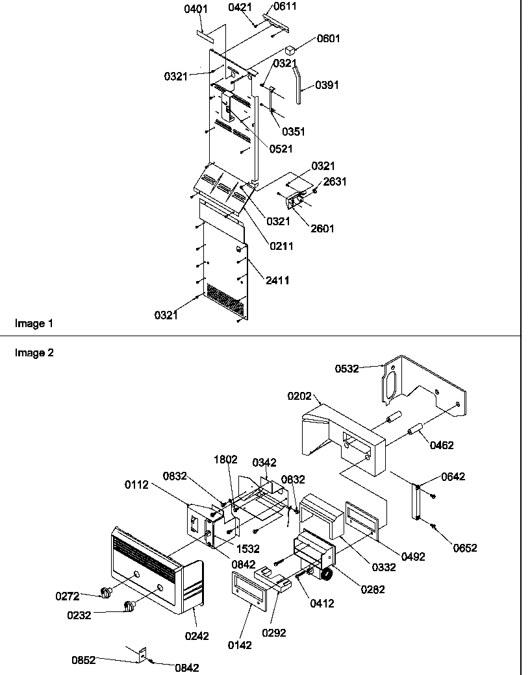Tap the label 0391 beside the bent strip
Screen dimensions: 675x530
point(327,85)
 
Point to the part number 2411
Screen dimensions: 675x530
point(277,280)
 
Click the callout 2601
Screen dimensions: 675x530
point(322,228)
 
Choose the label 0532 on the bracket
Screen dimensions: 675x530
point(346,369)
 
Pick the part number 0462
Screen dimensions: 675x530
point(441,445)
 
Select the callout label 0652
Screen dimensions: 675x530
point(465,548)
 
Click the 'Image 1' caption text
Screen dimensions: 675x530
point(31,323)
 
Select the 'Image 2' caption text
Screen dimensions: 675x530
point(31,353)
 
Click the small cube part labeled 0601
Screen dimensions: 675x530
point(290,49)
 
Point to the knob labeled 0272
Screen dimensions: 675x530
point(105,591)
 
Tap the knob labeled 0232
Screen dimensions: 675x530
point(131,607)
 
